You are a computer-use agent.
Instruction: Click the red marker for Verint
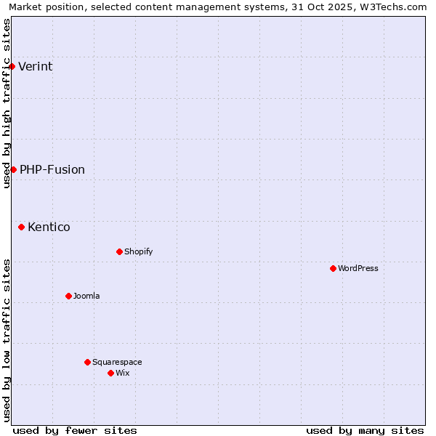[12, 66]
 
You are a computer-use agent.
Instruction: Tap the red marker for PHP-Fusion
[13, 169]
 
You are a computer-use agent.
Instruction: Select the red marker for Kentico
[21, 227]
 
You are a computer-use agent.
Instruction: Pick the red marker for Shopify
[119, 251]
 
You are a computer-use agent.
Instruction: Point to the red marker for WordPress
[333, 268]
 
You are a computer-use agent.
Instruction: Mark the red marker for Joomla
[68, 296]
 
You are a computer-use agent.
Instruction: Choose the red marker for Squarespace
[87, 362]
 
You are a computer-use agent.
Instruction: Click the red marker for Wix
[110, 373]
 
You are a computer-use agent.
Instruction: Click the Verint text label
[36, 67]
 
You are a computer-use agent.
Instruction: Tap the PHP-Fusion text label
[52, 170]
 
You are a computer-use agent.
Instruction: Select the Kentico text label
[49, 227]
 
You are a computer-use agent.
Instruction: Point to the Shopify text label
[138, 252]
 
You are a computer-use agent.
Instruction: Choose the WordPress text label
[358, 269]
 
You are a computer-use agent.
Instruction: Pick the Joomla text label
[86, 296]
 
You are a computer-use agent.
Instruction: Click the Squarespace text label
[117, 363]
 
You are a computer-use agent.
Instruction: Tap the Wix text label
[122, 374]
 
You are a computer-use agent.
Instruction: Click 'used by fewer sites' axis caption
[75, 430]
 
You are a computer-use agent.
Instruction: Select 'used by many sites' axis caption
[365, 430]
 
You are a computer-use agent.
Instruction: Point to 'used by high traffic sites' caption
[7, 103]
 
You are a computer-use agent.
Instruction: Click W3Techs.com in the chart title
[393, 7]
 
